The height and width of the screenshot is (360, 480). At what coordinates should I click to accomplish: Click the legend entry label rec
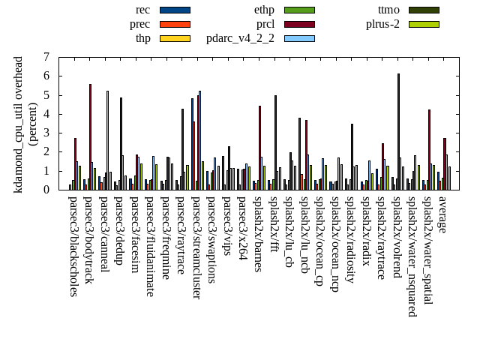click(142, 10)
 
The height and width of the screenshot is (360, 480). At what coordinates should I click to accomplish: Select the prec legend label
click(139, 24)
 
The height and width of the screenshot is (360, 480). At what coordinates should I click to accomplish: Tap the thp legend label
click(142, 38)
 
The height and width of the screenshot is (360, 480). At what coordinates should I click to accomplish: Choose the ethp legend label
click(264, 10)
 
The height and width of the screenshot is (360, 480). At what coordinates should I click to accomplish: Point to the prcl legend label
click(265, 24)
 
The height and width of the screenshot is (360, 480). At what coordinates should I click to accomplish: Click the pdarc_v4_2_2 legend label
click(240, 38)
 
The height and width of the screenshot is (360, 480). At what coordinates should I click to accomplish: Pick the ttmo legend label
click(388, 10)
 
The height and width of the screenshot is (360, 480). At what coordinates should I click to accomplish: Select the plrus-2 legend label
click(382, 24)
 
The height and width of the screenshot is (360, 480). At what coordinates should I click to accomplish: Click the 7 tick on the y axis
click(46, 57)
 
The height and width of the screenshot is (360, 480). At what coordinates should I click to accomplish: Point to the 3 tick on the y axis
click(46, 133)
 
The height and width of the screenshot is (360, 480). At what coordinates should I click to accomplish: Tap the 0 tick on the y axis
click(46, 190)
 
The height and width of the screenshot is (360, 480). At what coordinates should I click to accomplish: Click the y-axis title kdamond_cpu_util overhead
click(19, 124)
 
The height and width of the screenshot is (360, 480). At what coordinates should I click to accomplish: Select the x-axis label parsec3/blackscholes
click(73, 246)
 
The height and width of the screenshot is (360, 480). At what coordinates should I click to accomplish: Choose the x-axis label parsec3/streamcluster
click(196, 247)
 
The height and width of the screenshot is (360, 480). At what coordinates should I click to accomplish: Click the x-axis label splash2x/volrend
click(397, 237)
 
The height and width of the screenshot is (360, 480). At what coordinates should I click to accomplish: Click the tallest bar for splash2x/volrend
click(398, 131)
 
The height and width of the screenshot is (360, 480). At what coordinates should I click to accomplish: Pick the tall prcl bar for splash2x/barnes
click(259, 147)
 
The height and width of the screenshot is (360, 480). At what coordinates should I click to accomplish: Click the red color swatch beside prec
click(175, 24)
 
